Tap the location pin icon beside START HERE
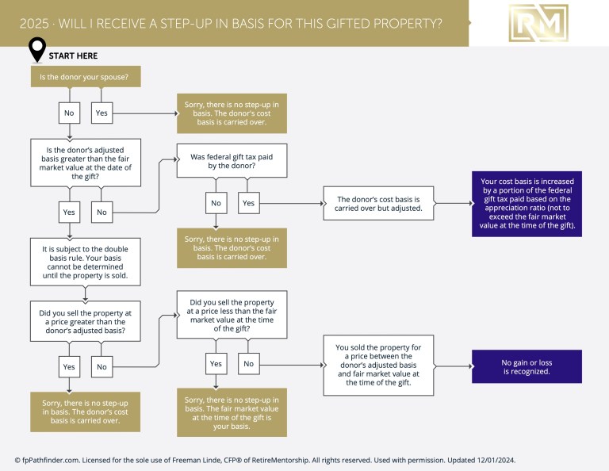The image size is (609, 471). click(36, 50)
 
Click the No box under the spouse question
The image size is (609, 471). click(69, 113)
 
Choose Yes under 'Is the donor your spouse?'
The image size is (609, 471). click(101, 113)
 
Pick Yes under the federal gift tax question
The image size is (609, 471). click(248, 203)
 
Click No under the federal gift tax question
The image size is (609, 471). click(216, 203)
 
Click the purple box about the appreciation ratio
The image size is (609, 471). click(527, 204)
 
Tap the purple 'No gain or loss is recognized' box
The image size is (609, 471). click(527, 366)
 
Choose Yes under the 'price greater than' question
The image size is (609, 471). click(69, 366)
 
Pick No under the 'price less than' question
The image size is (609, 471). click(248, 364)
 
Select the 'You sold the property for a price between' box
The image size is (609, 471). click(378, 365)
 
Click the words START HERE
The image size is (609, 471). click(74, 56)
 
